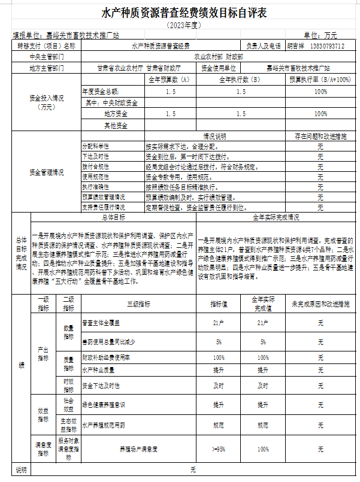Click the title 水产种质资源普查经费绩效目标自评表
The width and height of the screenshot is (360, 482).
click(x=180, y=13)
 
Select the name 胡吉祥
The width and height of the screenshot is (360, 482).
click(x=296, y=46)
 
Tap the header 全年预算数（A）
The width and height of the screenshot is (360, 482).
click(x=169, y=80)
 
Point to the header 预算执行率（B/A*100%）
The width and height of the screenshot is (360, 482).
click(x=320, y=80)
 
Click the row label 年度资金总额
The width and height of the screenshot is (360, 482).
click(x=101, y=91)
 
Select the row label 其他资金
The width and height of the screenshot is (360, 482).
click(x=116, y=125)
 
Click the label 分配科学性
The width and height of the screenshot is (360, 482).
click(x=95, y=147)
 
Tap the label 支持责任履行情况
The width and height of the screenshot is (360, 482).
click(x=104, y=208)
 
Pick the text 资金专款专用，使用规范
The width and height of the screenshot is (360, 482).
click(x=178, y=177)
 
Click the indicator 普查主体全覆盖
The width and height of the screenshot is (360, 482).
click(x=102, y=323)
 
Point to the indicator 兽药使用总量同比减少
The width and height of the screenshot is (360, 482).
click(x=108, y=342)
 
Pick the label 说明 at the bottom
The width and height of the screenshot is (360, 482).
click(x=21, y=470)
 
